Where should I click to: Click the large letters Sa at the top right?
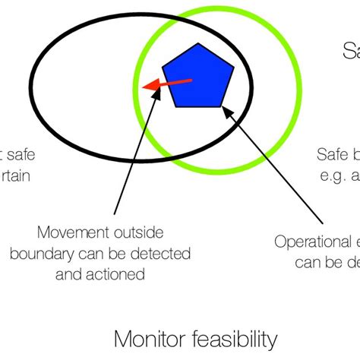(350, 52)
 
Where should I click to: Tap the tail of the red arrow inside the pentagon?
(192, 79)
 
